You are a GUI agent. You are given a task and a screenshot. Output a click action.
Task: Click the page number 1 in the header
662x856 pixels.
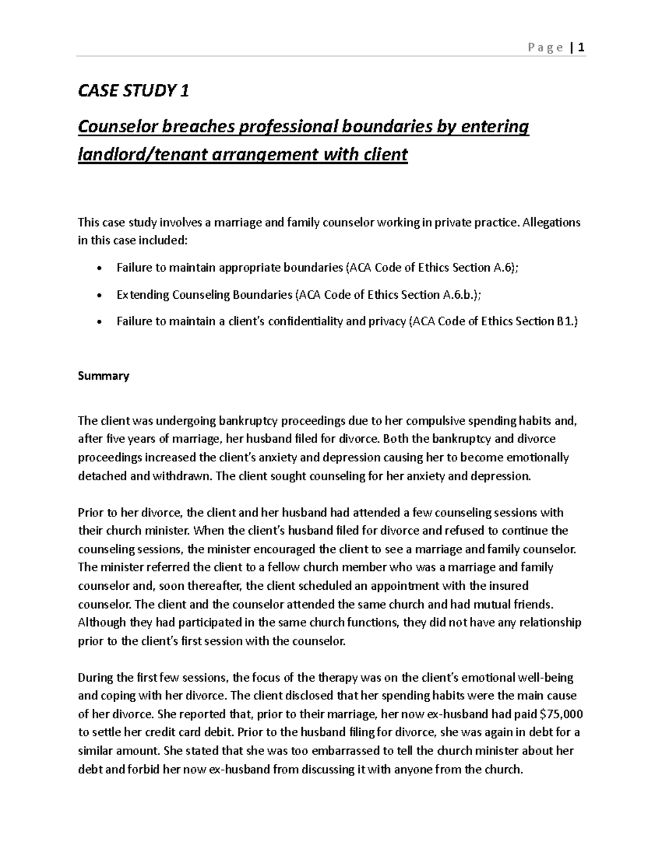581,48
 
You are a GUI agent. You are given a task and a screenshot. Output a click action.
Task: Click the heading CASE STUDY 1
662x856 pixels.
133,91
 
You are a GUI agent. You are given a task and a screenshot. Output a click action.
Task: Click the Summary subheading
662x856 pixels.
103,376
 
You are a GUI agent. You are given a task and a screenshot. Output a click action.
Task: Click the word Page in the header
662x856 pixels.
545,48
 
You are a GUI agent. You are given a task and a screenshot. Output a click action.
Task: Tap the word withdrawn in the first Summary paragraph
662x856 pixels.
177,476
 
